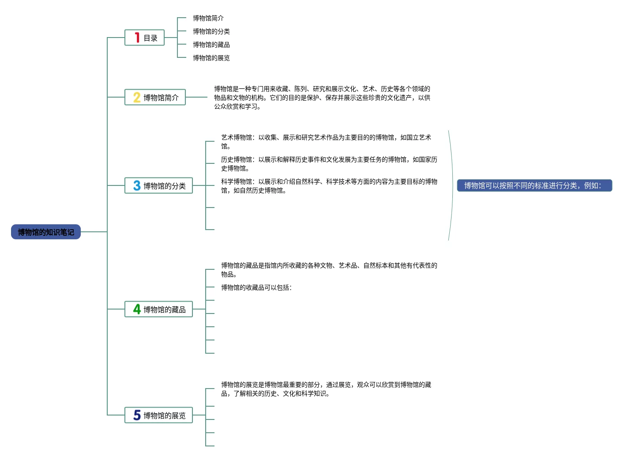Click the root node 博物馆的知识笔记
46,232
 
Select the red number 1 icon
137,38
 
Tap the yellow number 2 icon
137,97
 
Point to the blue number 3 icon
137,185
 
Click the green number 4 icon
137,309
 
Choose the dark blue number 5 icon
137,415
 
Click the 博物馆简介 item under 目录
208,18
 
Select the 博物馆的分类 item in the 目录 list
211,31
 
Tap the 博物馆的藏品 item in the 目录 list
211,45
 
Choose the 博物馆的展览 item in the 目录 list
211,58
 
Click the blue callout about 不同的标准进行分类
534,185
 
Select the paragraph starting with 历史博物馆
329,164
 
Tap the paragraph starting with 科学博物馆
329,186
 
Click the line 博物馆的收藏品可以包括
256,287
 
